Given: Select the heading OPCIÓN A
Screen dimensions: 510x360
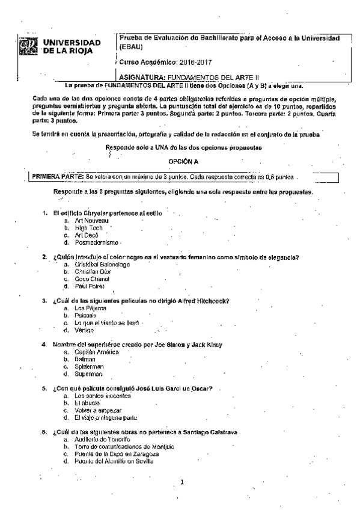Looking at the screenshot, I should [x=183, y=162].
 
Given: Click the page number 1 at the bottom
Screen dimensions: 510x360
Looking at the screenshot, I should [x=182, y=483].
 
